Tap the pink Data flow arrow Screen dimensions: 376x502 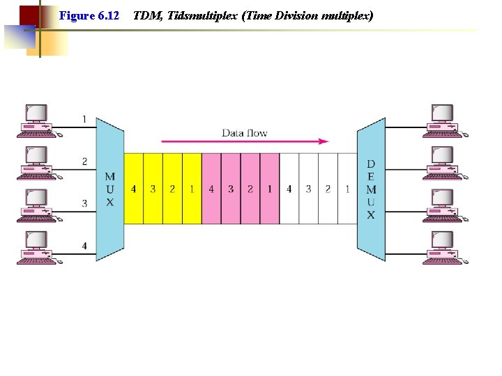244,141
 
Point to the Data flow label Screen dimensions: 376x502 244,132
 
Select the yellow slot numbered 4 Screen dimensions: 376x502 133,189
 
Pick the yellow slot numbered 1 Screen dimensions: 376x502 192,189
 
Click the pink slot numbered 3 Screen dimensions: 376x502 231,189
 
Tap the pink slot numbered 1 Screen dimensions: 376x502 270,189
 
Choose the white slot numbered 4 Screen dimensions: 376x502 289,189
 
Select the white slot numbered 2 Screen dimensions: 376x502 328,189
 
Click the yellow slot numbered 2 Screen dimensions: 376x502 172,189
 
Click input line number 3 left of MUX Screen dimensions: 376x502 84,203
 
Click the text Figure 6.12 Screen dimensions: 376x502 89,15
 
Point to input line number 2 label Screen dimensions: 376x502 84,162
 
